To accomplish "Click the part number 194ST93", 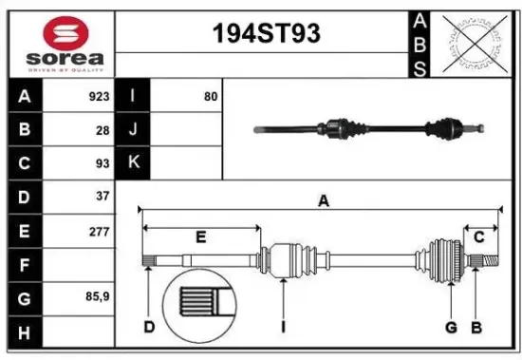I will click(x=264, y=35).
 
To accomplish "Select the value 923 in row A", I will click(x=97, y=97).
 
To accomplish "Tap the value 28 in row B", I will click(x=102, y=131).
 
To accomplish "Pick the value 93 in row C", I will click(x=102, y=163).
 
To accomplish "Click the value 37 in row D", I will click(x=102, y=197).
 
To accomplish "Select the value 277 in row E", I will click(x=98, y=231).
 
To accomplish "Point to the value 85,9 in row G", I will click(x=97, y=297).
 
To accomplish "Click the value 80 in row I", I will click(x=210, y=97).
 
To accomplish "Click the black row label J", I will click(x=133, y=130).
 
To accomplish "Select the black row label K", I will click(x=133, y=163).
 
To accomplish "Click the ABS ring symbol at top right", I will click(x=475, y=43).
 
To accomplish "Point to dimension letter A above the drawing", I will click(x=324, y=200).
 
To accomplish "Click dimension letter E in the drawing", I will click(x=200, y=237).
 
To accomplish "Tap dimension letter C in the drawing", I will click(x=479, y=236).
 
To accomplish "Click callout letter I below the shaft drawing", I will click(x=284, y=328).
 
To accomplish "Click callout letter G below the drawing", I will click(x=452, y=328).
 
